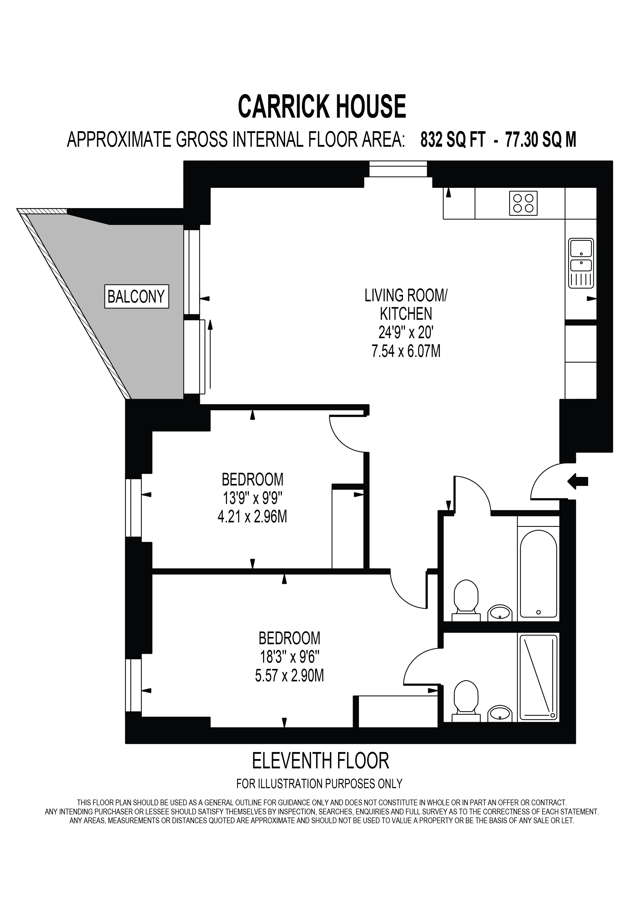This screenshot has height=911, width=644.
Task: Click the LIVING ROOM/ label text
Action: click(x=406, y=296)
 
